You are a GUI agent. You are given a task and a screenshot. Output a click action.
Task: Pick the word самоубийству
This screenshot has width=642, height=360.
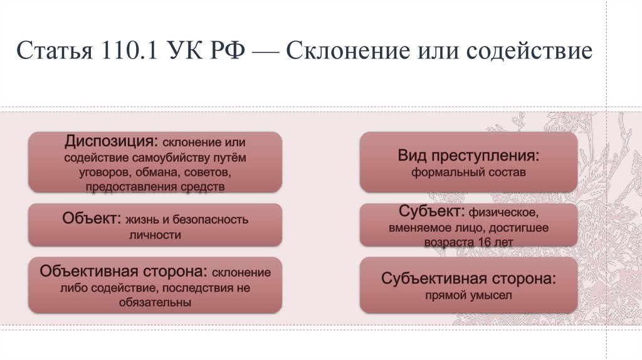(166, 156)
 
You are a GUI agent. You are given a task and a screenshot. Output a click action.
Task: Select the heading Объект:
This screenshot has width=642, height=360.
(92, 219)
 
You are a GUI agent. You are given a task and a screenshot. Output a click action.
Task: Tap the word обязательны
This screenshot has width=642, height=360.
(155, 302)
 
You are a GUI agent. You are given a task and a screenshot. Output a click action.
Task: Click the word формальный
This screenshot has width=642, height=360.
(443, 171)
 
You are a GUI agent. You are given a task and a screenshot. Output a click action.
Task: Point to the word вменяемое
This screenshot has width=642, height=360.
(416, 228)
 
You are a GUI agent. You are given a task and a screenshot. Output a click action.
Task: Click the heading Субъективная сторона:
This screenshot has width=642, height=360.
(468, 278)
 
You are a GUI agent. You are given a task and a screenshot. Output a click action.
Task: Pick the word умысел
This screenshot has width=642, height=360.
(492, 295)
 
